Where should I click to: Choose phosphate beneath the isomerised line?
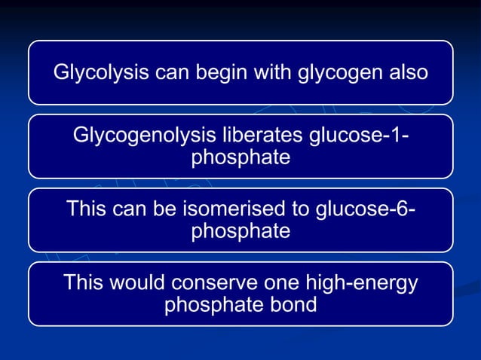tap(240, 231)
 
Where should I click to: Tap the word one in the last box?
tap(278, 284)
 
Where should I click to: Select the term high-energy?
tap(360, 284)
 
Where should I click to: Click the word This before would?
tap(85, 284)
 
